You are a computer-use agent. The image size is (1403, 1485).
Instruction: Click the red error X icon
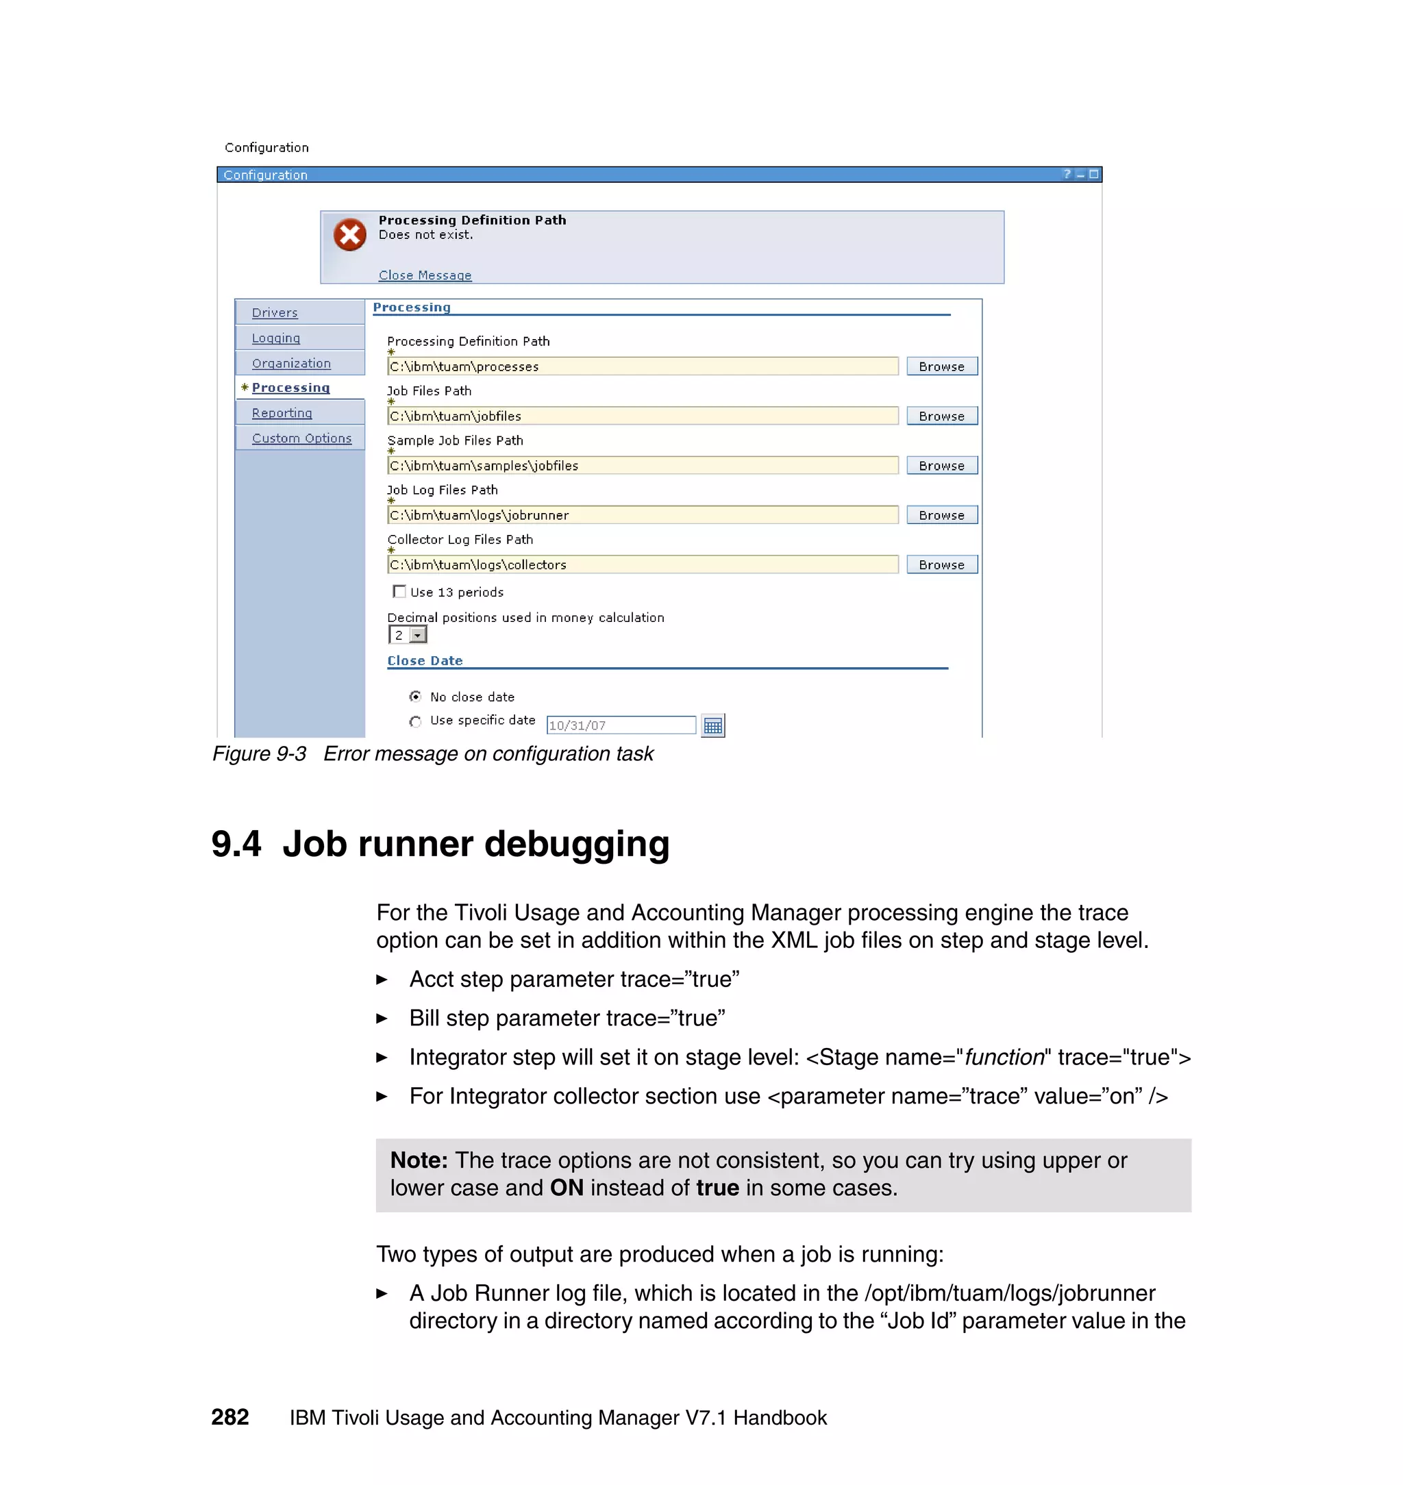click(349, 235)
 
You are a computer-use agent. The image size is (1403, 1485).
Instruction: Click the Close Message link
click(425, 275)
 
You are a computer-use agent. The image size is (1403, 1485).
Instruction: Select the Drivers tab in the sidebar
click(275, 312)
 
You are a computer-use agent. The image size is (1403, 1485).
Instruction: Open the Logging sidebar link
click(275, 338)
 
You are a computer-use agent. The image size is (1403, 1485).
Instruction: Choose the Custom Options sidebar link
click(301, 438)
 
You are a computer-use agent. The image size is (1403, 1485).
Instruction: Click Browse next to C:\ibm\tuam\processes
click(941, 366)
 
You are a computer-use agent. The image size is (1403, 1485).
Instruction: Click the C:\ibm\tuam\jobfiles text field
click(642, 416)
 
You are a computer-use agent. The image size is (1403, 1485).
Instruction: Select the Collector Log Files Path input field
click(642, 564)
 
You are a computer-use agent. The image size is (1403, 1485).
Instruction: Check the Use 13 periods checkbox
click(399, 591)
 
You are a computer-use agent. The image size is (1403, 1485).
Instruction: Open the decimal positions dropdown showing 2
click(418, 635)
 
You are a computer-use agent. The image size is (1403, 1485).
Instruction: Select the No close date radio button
click(415, 697)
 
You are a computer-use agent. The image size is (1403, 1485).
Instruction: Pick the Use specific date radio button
click(415, 721)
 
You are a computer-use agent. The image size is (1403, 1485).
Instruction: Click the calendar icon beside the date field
click(712, 725)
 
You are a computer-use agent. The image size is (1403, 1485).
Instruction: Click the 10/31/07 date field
click(621, 725)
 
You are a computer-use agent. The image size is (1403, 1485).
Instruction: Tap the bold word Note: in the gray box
click(419, 1160)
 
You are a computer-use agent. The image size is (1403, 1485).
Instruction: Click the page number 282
click(229, 1417)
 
